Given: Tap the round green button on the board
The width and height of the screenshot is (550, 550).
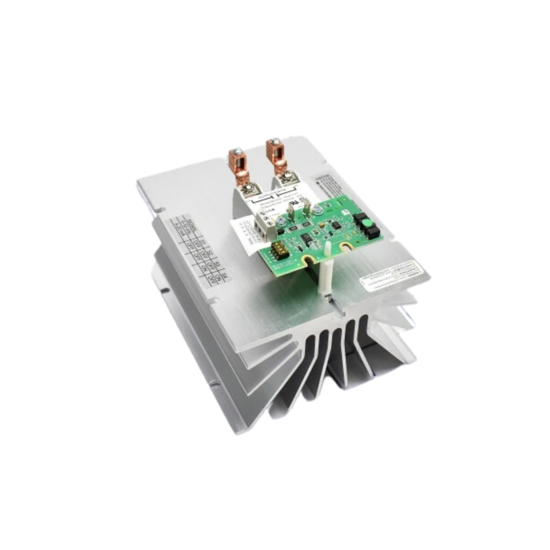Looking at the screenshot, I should click(x=364, y=225).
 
